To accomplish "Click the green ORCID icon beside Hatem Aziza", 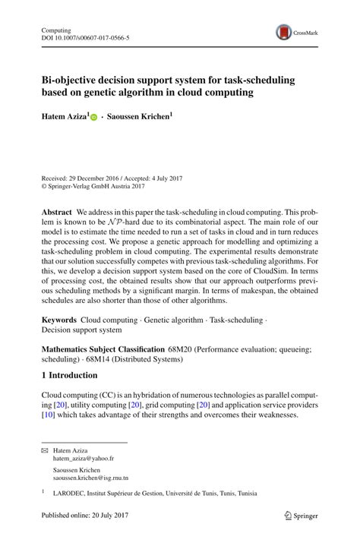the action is point(94,118).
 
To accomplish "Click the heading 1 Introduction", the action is point(69,375).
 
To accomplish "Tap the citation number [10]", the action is point(48,415).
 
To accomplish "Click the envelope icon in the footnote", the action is point(43,450).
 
